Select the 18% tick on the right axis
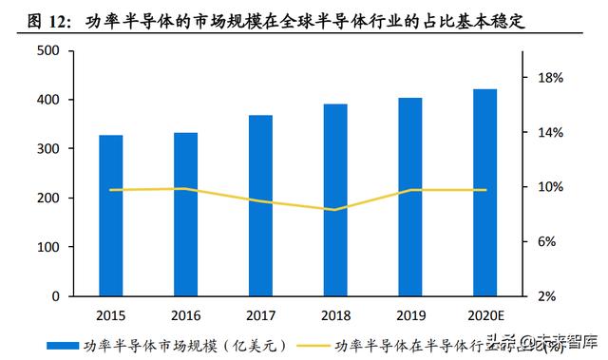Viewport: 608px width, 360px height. point(552,78)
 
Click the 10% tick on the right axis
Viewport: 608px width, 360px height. point(552,187)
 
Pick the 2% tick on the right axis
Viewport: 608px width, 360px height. point(552,296)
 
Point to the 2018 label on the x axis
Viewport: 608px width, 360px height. point(335,314)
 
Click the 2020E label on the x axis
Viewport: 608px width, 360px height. point(484,314)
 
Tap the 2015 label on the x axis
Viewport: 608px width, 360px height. point(111,314)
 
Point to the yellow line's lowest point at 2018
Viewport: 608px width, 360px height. point(335,210)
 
